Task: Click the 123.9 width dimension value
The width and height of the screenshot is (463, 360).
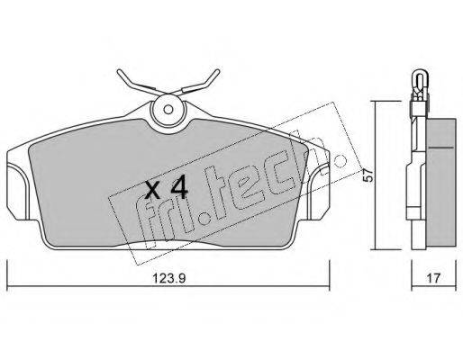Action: (169, 278)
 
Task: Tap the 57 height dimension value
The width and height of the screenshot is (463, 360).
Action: (368, 175)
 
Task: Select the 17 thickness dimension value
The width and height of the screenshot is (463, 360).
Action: (433, 278)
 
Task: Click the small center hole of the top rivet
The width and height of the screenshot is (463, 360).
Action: (168, 110)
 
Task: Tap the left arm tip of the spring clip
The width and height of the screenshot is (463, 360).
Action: (119, 72)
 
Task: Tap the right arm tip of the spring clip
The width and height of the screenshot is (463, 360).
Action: (217, 72)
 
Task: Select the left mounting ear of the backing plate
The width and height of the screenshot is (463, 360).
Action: (17, 191)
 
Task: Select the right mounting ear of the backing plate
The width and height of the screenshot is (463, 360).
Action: (319, 192)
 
